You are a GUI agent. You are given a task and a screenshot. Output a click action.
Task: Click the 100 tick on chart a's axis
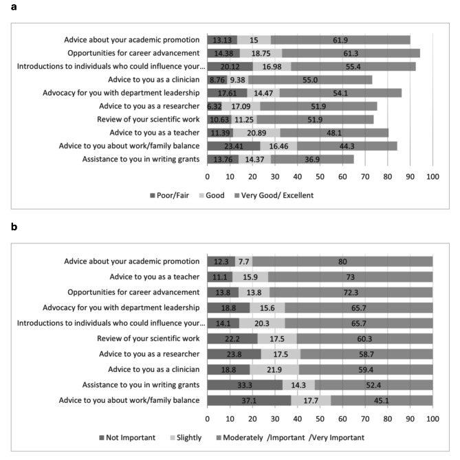(432, 177)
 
